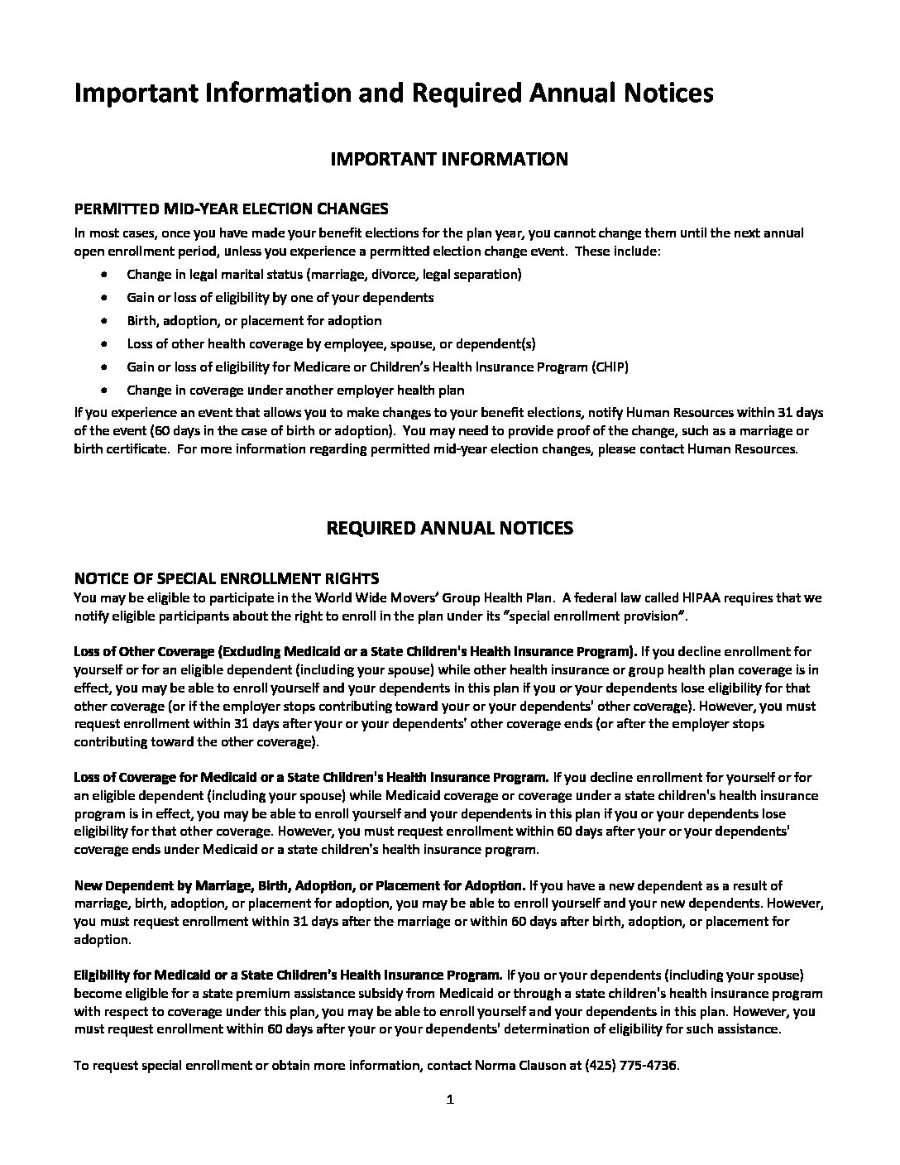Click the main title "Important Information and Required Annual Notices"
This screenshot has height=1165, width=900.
coord(393,93)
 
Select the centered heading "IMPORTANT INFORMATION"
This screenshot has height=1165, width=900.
coord(449,160)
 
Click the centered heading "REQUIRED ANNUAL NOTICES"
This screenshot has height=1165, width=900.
coord(450,528)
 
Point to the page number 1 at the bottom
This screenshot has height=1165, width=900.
coord(450,1100)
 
